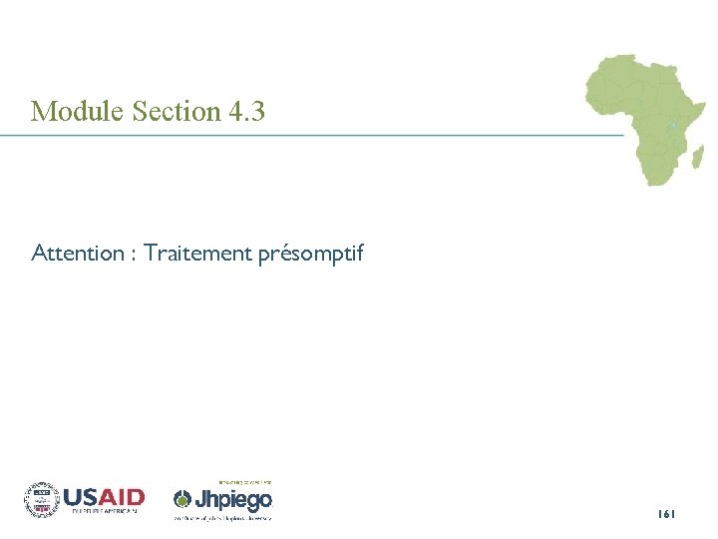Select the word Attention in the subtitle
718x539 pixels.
76,254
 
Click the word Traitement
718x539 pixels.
197,254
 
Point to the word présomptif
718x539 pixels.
311,255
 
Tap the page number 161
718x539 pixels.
666,513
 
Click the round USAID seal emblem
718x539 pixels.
42,498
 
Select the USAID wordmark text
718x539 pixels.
104,496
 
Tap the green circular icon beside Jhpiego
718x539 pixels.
182,499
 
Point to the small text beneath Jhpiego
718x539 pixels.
223,518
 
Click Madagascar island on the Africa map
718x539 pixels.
697,157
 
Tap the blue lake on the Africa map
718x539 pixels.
674,125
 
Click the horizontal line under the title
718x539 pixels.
319,135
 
